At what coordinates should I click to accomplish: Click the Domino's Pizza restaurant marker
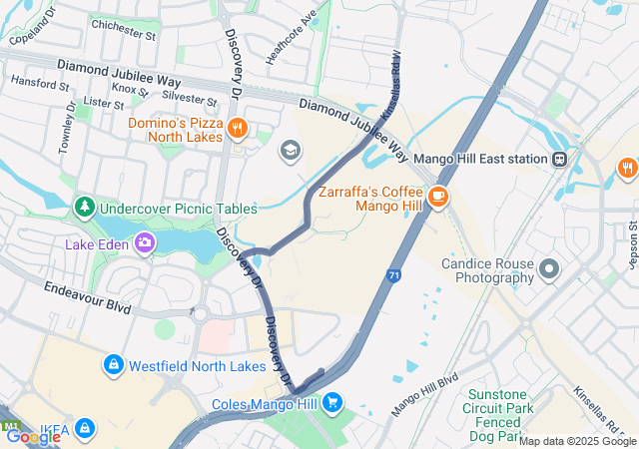(x=238, y=127)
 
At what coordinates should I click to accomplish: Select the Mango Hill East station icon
(x=560, y=159)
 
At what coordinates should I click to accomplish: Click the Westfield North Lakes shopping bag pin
(x=114, y=366)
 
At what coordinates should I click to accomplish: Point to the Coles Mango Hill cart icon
(x=333, y=404)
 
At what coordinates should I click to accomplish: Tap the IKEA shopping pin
(x=85, y=429)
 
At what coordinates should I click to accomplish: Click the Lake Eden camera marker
(x=146, y=242)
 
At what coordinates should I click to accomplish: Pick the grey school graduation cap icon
(x=290, y=150)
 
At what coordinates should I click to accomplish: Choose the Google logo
(x=33, y=436)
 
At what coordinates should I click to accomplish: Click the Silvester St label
(x=189, y=99)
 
